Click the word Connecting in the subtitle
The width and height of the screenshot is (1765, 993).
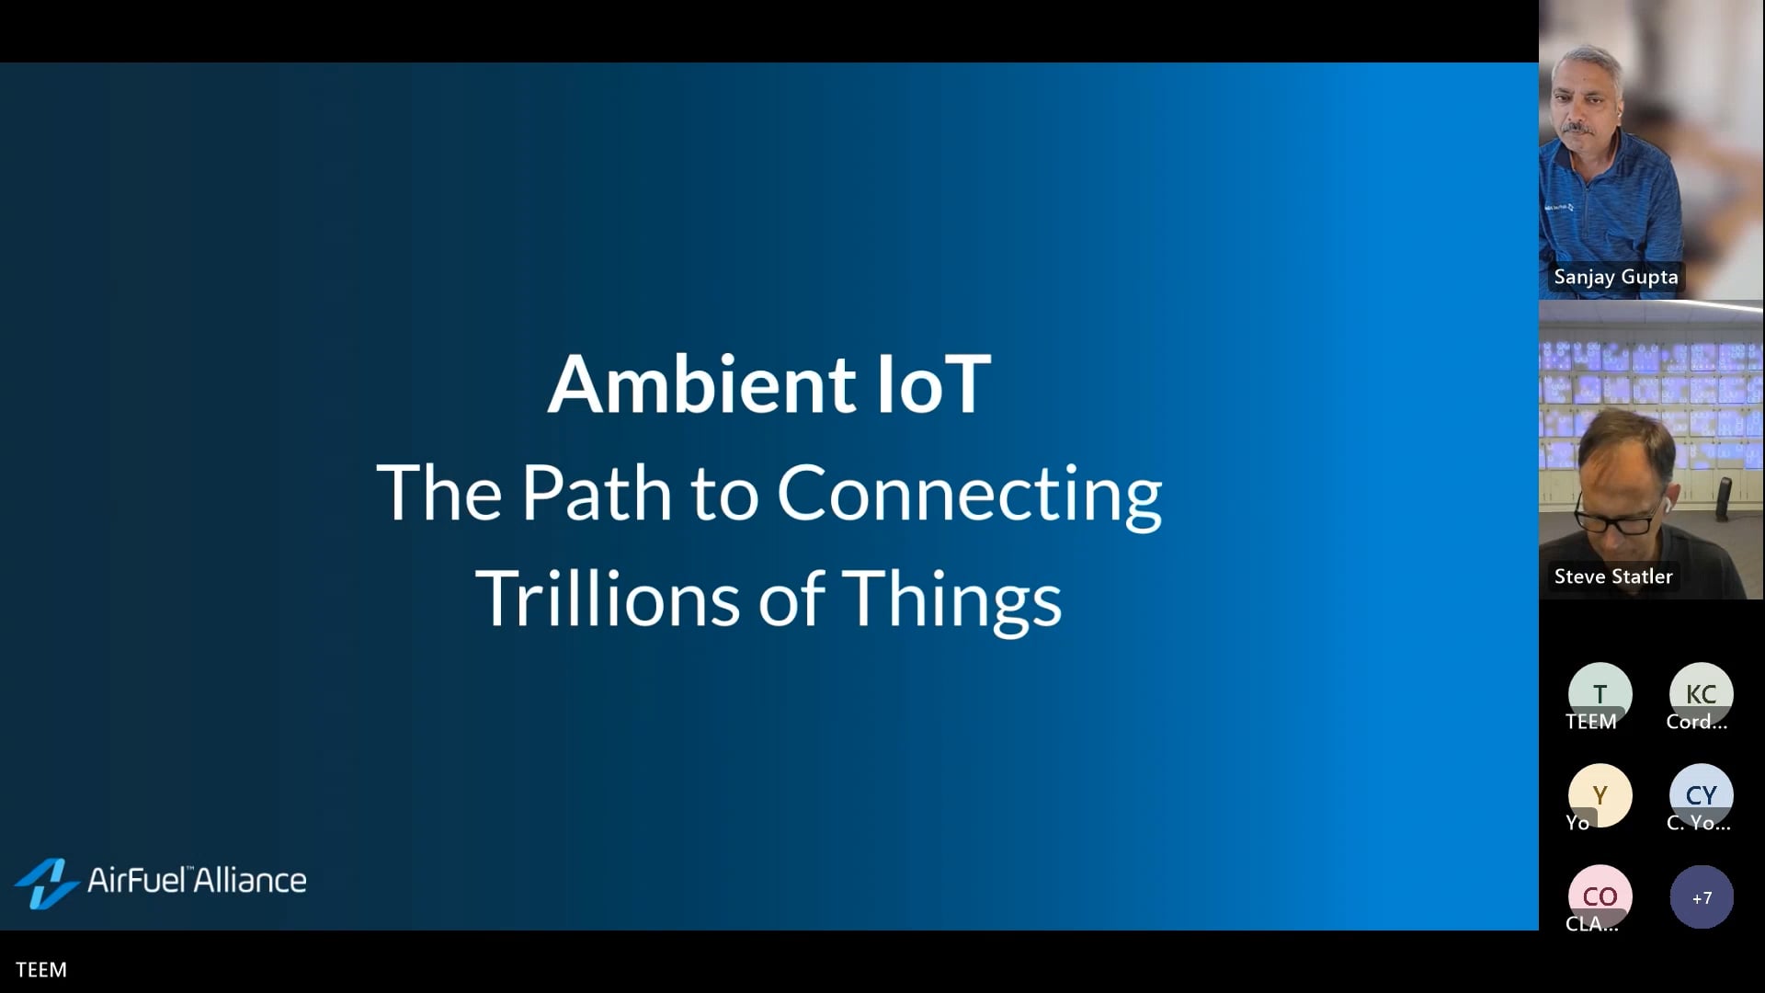969,495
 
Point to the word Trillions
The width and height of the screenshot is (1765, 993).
607,599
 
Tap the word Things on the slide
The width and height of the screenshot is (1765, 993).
951,600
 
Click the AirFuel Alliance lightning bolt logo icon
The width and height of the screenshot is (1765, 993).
46,883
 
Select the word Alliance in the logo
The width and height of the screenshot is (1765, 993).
250,880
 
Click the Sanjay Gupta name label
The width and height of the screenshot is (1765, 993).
1615,277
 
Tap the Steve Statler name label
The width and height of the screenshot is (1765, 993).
1612,576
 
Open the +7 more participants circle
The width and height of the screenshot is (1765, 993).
1702,897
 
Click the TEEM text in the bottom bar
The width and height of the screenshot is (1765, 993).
41,970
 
